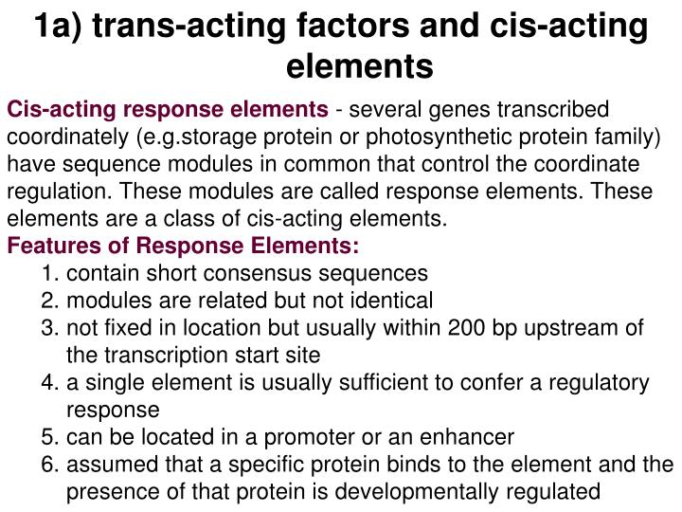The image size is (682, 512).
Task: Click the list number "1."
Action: tap(51, 274)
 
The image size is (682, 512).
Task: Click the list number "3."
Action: tap(51, 328)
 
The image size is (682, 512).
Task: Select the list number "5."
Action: tap(51, 437)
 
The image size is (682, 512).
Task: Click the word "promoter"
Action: tap(332, 437)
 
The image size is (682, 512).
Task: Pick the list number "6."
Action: tap(51, 465)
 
